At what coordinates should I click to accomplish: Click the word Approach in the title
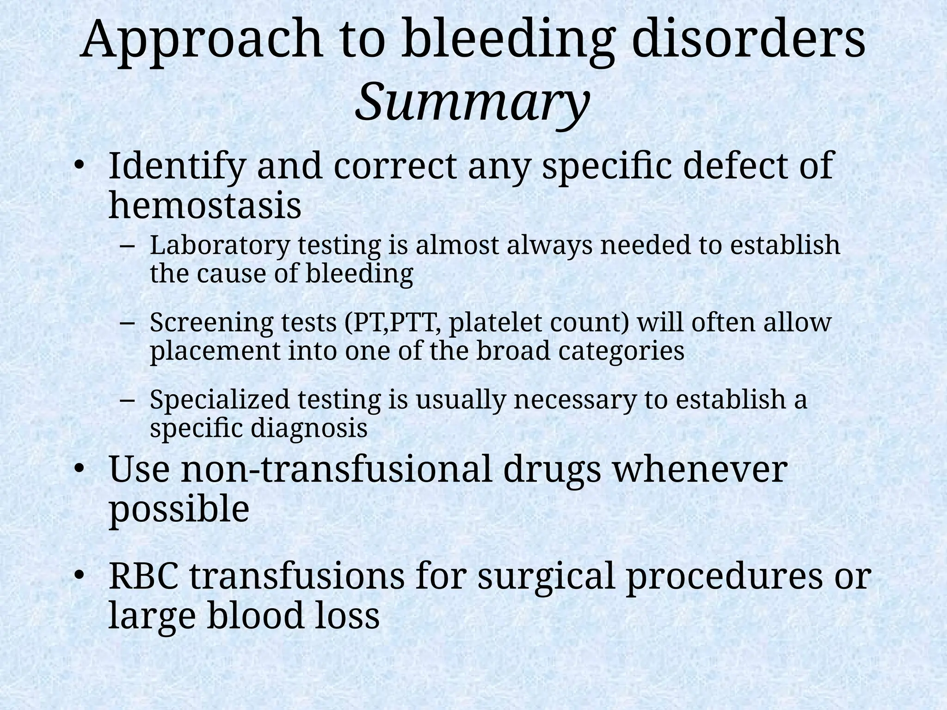pyautogui.click(x=202, y=43)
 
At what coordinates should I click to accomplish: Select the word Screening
pyautogui.click(x=211, y=322)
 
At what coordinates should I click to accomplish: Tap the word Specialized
pyautogui.click(x=219, y=400)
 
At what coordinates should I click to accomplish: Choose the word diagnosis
pyautogui.click(x=309, y=428)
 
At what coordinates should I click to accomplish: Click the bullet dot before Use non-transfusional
pyautogui.click(x=79, y=470)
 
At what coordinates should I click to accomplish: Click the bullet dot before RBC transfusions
pyautogui.click(x=79, y=576)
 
